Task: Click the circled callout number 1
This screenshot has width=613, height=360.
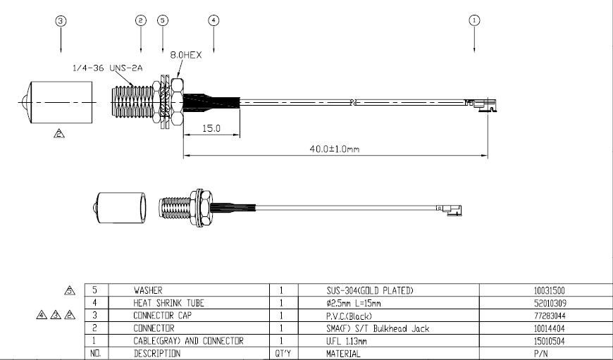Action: coord(474,20)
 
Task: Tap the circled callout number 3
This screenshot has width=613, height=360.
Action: coord(61,21)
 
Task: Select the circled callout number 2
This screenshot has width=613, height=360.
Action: coord(141,21)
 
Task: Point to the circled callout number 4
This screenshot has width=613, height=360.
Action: coord(213,20)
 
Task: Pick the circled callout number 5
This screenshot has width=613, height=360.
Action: coord(163,21)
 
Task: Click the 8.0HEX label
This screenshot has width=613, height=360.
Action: coord(185,53)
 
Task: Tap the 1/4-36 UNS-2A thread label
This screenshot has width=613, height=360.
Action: coord(108,68)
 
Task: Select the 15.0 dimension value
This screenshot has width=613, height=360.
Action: coord(211,129)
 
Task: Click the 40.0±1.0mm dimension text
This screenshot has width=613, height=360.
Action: coord(333,149)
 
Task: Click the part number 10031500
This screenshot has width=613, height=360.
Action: coord(550,290)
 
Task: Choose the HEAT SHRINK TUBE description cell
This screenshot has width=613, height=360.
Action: coord(169,303)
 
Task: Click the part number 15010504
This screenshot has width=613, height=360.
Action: coord(550,341)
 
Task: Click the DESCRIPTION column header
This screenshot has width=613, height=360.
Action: coord(156,354)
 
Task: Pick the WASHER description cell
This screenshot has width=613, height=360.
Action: coord(148,290)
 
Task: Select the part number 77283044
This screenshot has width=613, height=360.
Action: coord(550,316)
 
